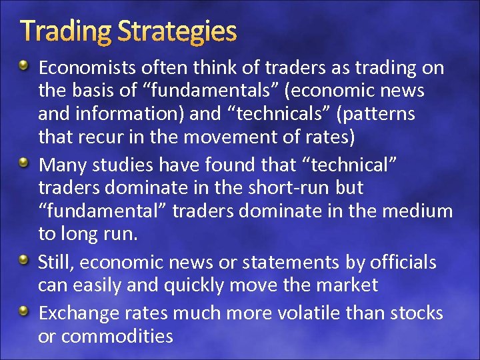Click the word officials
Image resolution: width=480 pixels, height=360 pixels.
pos(399,263)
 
